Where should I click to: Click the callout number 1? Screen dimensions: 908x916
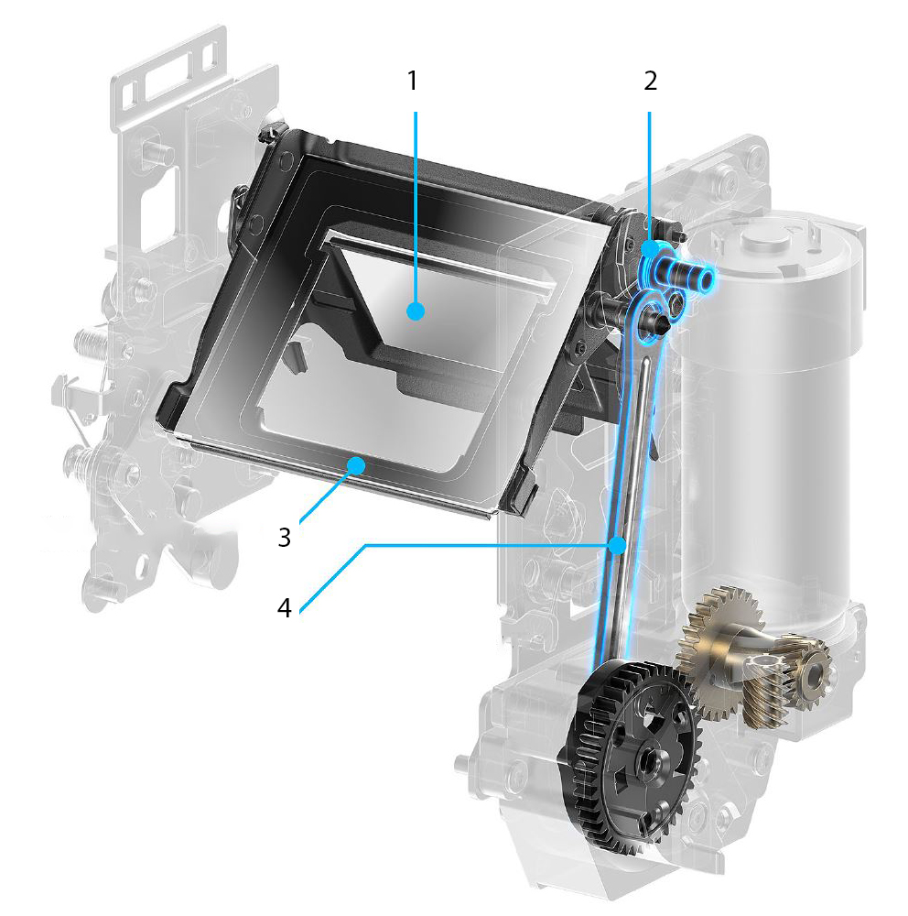(412, 81)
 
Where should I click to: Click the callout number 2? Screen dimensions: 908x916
(650, 81)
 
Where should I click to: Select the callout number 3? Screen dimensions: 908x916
(285, 537)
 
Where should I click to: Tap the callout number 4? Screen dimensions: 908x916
(285, 607)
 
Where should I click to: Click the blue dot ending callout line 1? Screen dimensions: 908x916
(416, 311)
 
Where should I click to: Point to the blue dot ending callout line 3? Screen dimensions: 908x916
(356, 465)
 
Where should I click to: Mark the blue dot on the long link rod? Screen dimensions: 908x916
(617, 546)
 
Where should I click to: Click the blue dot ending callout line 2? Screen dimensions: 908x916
(649, 249)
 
